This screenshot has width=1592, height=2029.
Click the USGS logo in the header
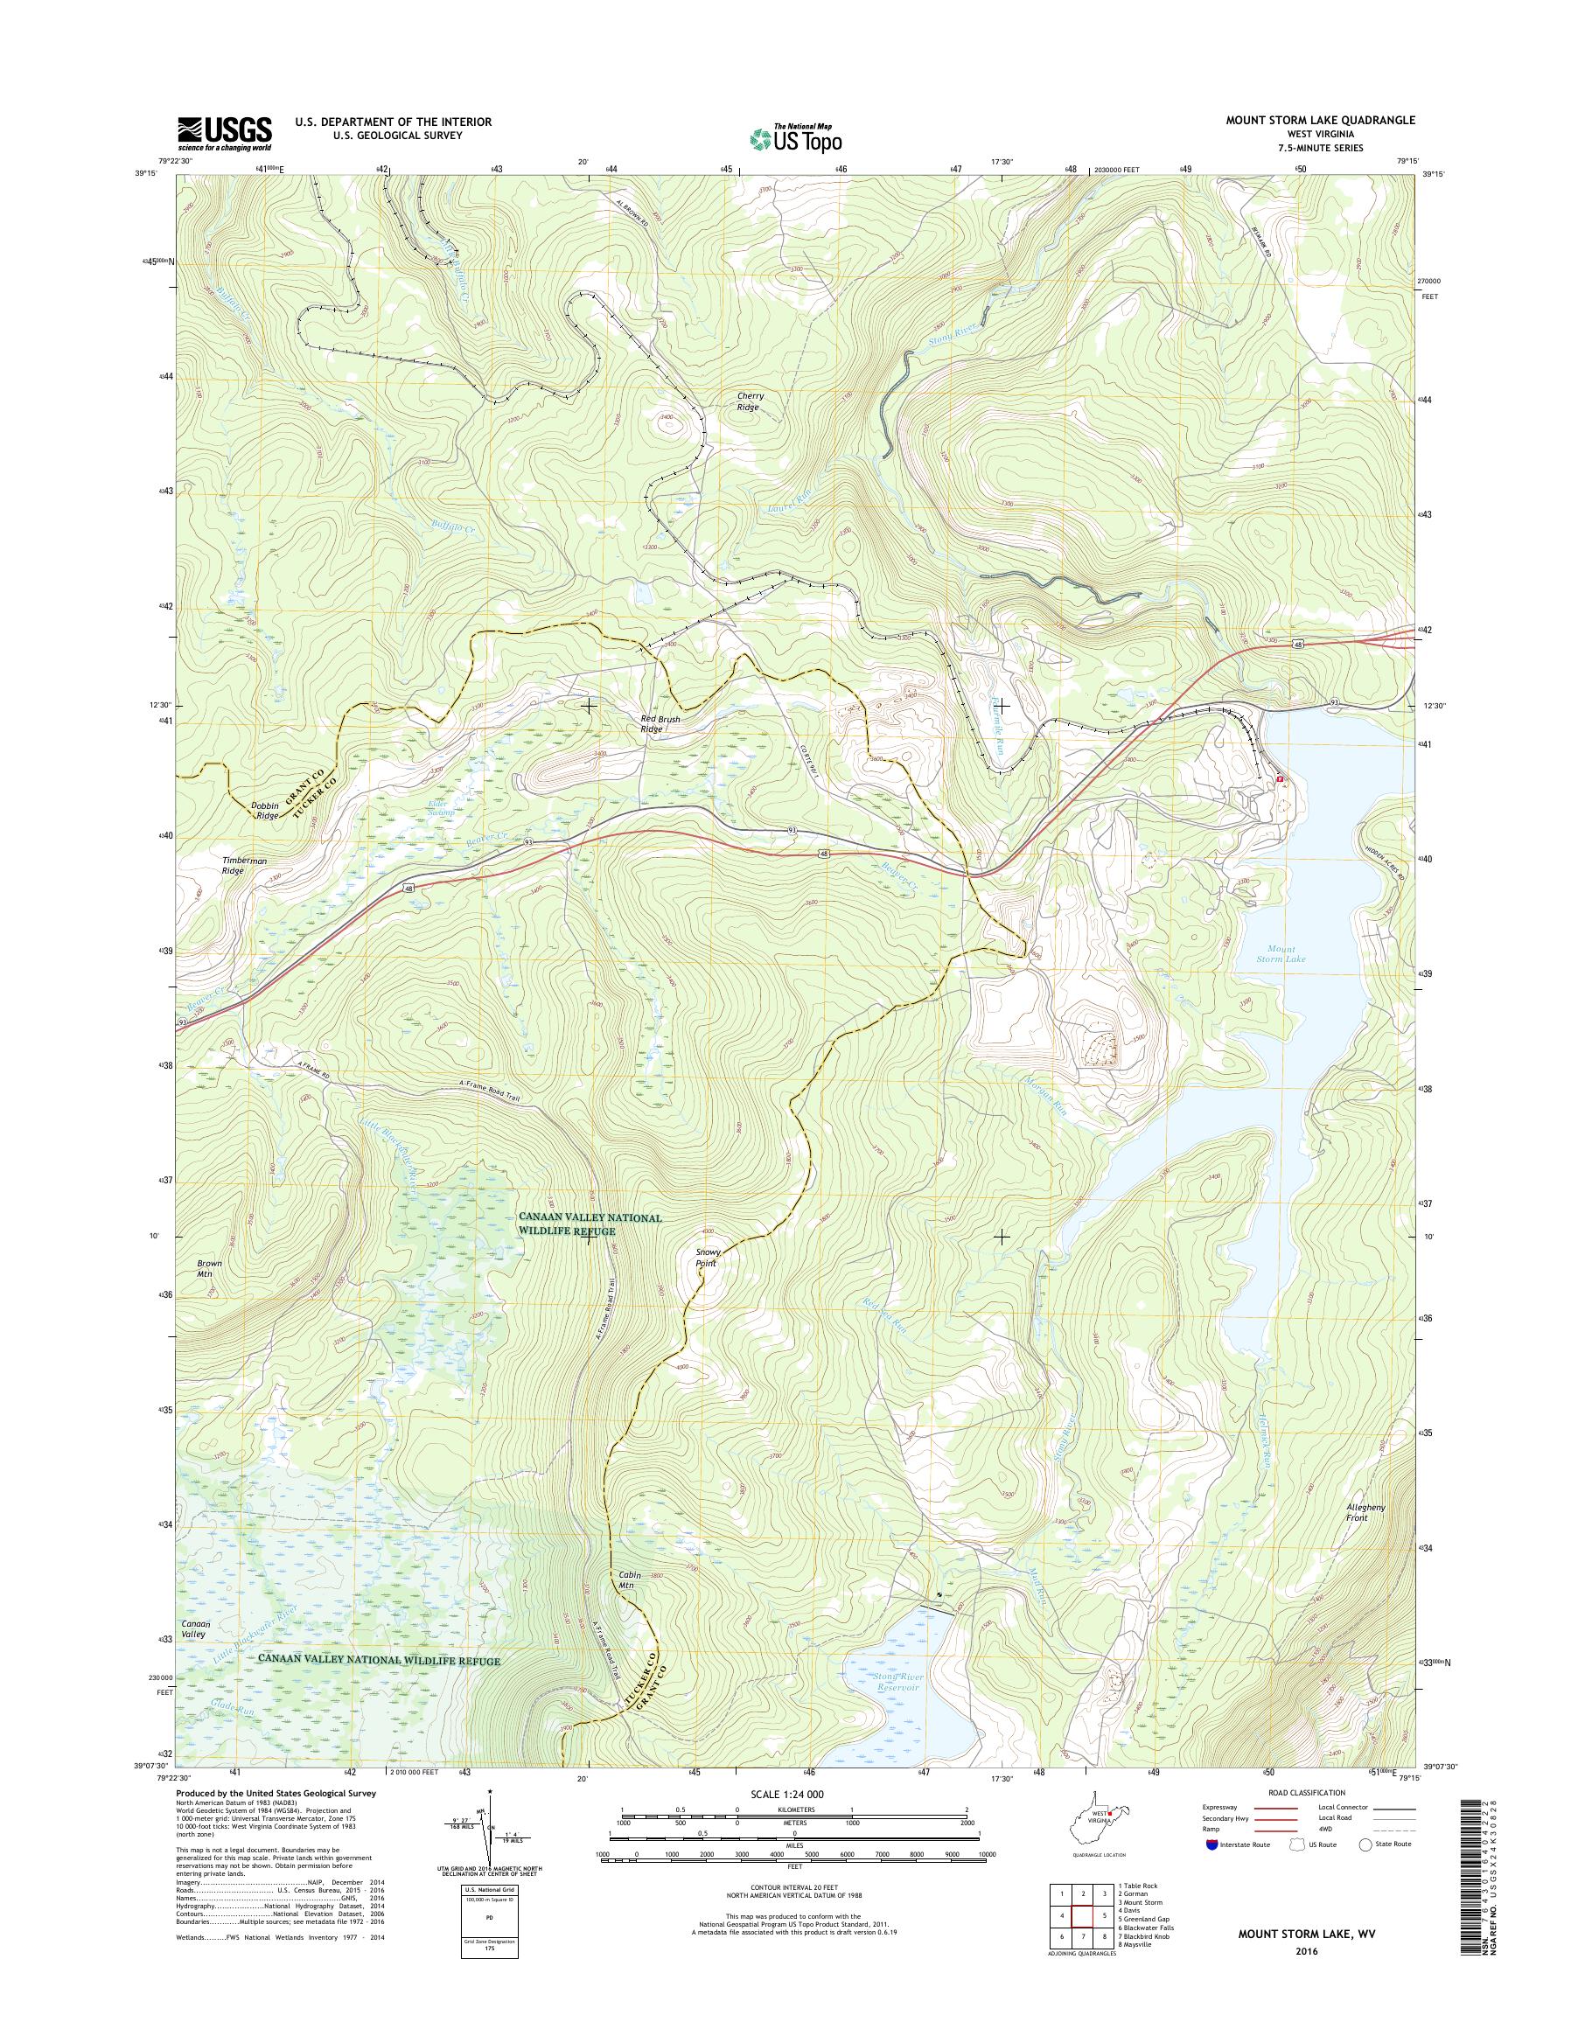[225, 133]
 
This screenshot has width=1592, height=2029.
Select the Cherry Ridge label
[751, 401]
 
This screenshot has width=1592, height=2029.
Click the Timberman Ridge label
[245, 866]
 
